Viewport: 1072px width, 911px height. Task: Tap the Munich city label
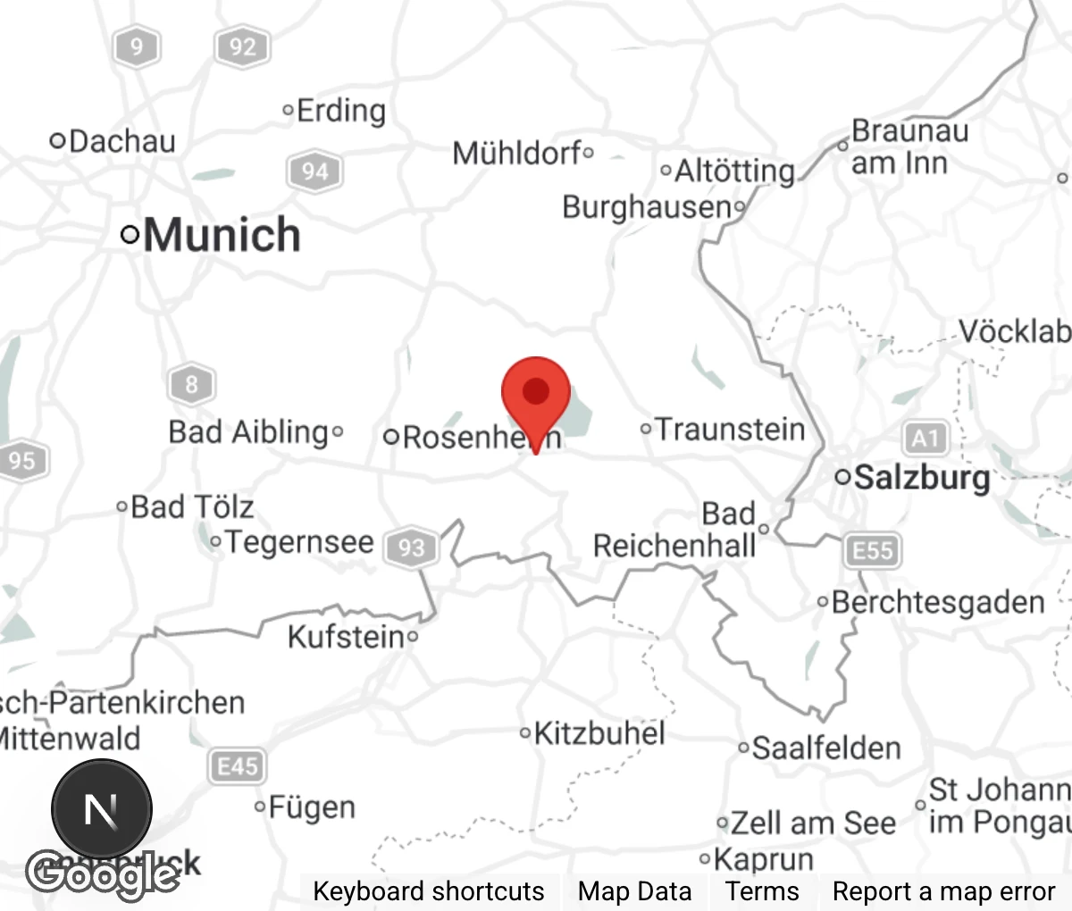[221, 235]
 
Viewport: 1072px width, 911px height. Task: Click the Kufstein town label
[346, 637]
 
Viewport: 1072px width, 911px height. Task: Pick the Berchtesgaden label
[937, 602]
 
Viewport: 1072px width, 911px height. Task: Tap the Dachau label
[121, 141]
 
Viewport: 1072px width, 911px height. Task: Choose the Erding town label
[340, 111]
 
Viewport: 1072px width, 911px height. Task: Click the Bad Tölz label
[192, 507]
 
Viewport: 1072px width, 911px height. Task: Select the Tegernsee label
[298, 542]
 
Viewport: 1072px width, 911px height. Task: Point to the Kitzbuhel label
[599, 733]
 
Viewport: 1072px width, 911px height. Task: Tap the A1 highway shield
[925, 439]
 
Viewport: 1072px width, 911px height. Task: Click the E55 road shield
[872, 550]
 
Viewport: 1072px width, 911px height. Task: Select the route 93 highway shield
[411, 547]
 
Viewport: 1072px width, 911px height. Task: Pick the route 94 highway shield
[314, 171]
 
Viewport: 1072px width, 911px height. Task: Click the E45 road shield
[237, 766]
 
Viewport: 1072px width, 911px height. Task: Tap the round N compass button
[102, 809]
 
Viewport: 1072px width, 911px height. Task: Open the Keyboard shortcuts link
[428, 891]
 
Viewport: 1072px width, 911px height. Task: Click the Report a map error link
[943, 891]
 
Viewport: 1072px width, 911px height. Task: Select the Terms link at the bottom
[762, 891]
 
